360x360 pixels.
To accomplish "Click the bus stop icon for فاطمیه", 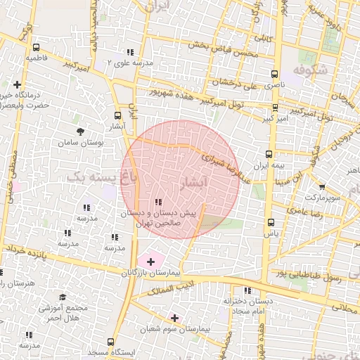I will pyautogui.click(x=35, y=48).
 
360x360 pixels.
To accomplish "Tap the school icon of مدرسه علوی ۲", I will pyautogui.click(x=130, y=52).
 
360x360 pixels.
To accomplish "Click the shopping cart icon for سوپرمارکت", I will pyautogui.click(x=322, y=187).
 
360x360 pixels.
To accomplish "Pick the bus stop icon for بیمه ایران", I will pyautogui.click(x=268, y=154).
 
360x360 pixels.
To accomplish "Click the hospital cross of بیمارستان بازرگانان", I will pyautogui.click(x=150, y=261).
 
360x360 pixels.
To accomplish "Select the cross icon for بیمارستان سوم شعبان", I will pyautogui.click(x=174, y=318).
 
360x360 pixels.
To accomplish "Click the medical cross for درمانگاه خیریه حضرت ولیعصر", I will pyautogui.click(x=18, y=85).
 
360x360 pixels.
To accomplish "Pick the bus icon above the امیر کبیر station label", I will pyautogui.click(x=274, y=108).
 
